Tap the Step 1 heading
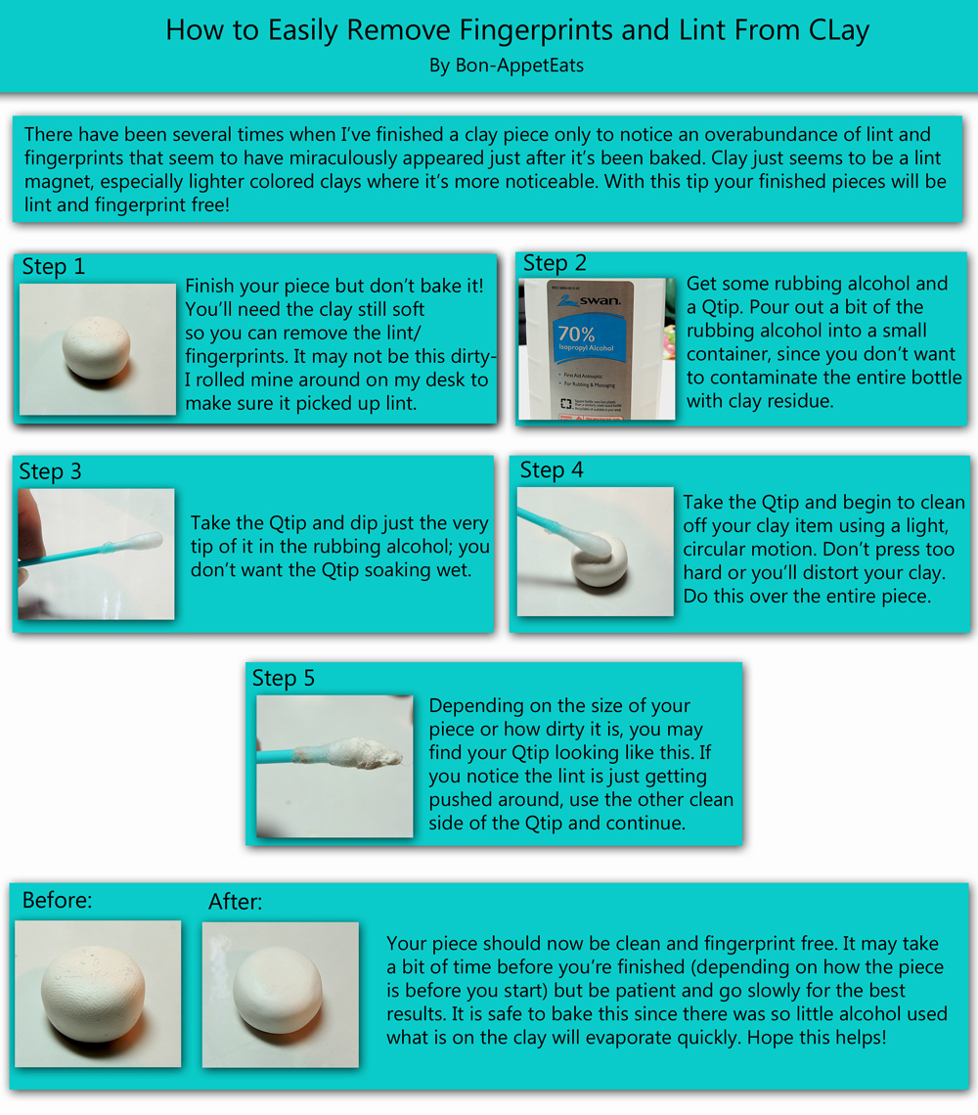[54, 267]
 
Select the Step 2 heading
[555, 263]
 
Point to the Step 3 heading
[51, 472]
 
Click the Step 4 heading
[552, 470]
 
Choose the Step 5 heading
[284, 679]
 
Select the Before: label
[57, 901]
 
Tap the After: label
[236, 903]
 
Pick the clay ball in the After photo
[281, 995]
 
